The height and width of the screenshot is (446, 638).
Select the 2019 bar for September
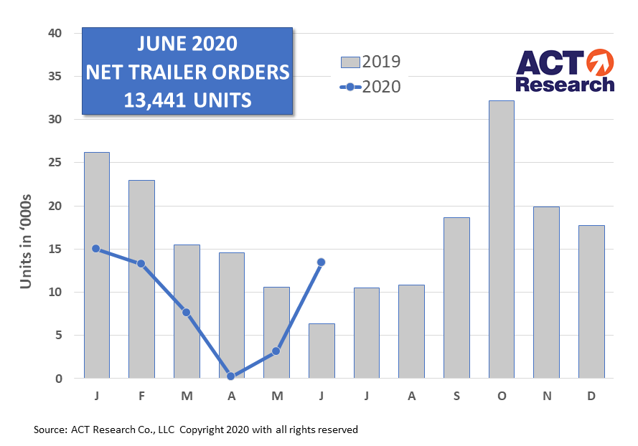pos(456,298)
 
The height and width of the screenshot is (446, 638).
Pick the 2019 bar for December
pos(591,301)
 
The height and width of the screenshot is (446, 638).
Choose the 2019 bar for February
pos(141,279)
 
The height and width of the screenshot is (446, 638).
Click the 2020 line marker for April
pos(231,376)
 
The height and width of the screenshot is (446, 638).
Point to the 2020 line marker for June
pos(321,262)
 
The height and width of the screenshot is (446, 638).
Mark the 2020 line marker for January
pos(96,249)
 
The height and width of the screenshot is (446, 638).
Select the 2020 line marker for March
pos(186,312)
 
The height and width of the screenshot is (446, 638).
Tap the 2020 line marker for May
pos(276,351)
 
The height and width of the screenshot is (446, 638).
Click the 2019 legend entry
pos(370,62)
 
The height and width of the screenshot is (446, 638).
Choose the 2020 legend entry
pos(370,87)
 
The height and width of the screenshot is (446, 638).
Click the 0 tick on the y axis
pos(59,379)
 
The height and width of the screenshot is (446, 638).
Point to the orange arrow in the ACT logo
pos(599,62)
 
